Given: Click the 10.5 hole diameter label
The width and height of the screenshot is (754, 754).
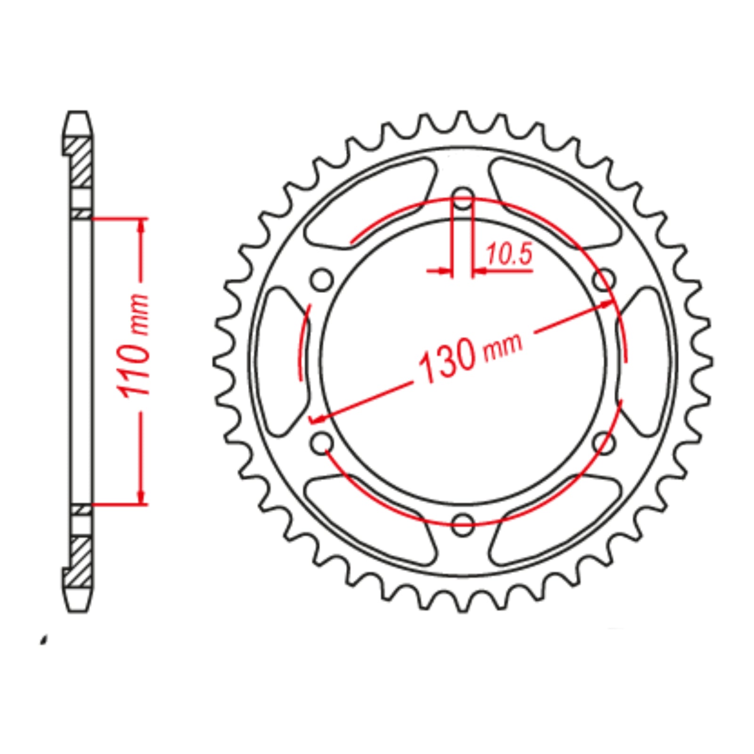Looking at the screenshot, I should [508, 254].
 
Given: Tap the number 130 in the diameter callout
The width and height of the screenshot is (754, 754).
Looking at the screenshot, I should [448, 361].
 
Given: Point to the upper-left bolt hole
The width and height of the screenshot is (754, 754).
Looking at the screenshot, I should [322, 281].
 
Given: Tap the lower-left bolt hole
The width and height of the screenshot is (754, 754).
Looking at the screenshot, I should [322, 443].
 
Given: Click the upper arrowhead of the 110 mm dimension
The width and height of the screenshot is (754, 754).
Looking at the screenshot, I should [141, 226].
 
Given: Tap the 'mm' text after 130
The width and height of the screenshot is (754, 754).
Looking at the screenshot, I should [503, 343].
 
